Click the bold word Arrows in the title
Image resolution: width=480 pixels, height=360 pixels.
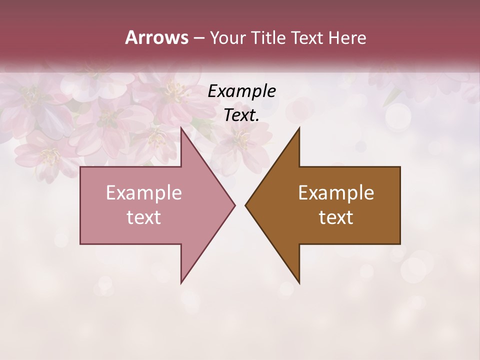(x=156, y=37)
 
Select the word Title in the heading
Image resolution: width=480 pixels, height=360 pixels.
(x=269, y=37)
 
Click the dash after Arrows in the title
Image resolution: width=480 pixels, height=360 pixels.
(x=198, y=38)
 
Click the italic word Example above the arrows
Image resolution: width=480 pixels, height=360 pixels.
(x=242, y=91)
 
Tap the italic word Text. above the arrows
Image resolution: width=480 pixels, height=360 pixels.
(x=242, y=115)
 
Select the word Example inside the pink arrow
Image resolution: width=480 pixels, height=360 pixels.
(x=144, y=193)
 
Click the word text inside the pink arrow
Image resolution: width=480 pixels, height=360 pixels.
(x=144, y=217)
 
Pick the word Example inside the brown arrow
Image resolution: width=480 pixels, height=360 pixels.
(x=336, y=193)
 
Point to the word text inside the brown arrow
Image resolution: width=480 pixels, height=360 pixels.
(x=336, y=217)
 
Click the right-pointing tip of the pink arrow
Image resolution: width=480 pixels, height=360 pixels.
(x=234, y=205)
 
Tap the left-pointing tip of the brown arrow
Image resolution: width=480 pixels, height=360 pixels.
(x=245, y=205)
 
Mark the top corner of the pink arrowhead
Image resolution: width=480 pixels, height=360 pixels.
(x=181, y=128)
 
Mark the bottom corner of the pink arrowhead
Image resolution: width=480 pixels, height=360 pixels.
(x=181, y=283)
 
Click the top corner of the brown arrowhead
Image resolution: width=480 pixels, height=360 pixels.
(x=299, y=128)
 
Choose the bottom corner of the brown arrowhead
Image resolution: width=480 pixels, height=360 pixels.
(x=299, y=283)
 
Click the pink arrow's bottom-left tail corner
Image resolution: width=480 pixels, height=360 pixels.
(x=81, y=243)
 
